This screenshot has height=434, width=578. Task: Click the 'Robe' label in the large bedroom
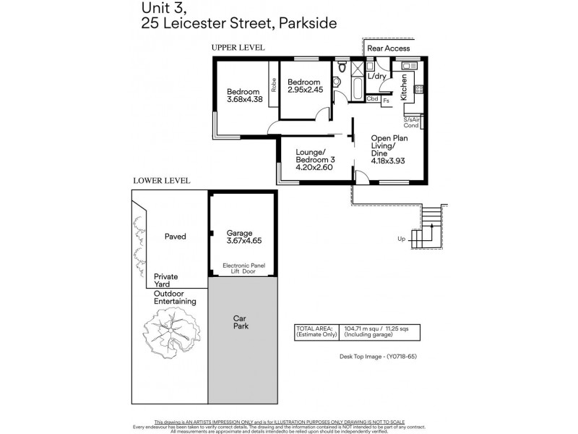click(x=274, y=85)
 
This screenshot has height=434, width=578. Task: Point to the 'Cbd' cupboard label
click(x=373, y=98)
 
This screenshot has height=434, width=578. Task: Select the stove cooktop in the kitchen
click(x=418, y=90)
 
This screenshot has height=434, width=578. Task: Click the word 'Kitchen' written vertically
click(x=404, y=88)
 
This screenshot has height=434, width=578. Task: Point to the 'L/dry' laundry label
click(x=376, y=76)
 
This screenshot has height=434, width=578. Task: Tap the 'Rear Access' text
click(x=389, y=48)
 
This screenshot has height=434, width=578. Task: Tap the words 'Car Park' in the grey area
click(x=240, y=323)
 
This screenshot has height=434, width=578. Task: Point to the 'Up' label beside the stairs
click(x=401, y=239)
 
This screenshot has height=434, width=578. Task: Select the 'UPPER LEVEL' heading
click(x=238, y=47)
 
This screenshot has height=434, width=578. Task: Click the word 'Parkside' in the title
click(x=302, y=24)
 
